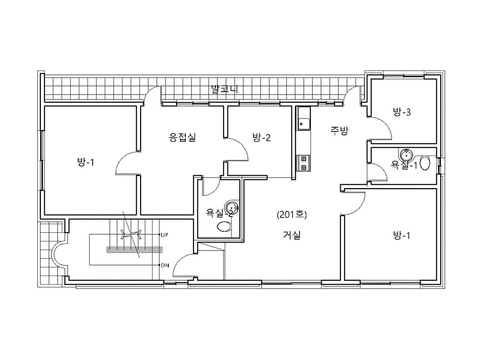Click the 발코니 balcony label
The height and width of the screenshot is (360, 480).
point(225,89)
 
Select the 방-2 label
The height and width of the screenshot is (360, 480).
point(262,137)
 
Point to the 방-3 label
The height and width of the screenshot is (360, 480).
point(402,112)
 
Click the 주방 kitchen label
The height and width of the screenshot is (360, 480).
point(339,131)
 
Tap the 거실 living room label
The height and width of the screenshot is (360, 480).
point(292,235)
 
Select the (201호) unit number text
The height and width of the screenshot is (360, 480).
point(292,215)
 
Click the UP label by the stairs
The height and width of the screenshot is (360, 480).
point(164,235)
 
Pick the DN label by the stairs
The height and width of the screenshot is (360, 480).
point(165,265)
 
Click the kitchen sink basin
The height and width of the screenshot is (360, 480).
point(304,124)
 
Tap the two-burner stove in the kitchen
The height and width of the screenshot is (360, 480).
point(304,163)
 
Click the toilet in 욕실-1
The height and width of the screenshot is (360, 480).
point(425,163)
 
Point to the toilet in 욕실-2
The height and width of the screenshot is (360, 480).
point(224,227)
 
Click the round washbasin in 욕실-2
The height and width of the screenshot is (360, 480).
point(232,208)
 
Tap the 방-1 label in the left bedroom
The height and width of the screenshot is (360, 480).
point(85,162)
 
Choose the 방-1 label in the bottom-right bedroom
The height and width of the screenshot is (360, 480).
point(402,235)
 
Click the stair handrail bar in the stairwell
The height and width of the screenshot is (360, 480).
point(134,250)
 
